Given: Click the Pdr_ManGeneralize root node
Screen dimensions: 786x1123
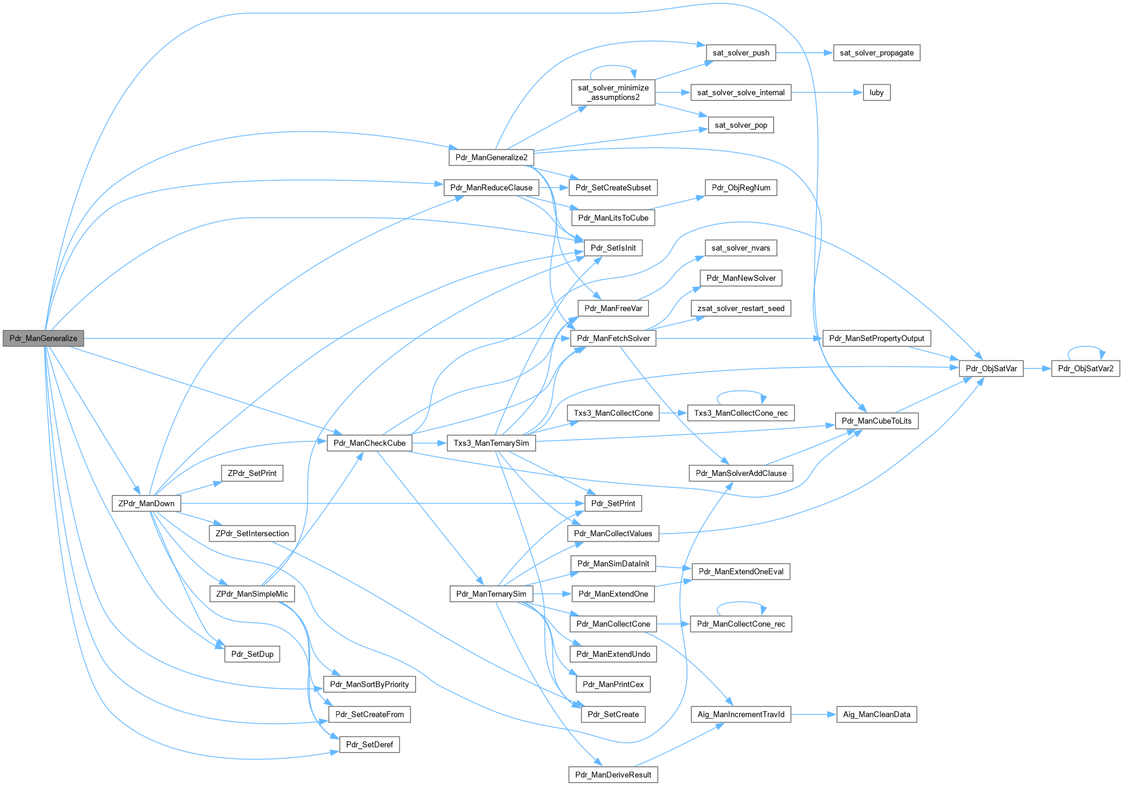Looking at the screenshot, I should point(43,338).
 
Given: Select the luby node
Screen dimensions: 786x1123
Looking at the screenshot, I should point(876,92).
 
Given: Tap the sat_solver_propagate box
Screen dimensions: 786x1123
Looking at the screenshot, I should point(876,53).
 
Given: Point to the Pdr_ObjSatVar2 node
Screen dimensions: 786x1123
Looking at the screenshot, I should point(1085,368).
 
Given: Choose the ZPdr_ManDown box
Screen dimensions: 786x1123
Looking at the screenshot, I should point(146,503).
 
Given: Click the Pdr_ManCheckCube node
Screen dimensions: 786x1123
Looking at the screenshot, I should point(369,443).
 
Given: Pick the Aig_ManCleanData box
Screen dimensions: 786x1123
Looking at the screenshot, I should point(876,714).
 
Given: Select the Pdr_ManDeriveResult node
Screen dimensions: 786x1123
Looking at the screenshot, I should point(613,775).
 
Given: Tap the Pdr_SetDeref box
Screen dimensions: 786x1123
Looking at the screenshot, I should point(369,744).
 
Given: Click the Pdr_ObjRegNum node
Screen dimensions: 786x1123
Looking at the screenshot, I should point(741,187).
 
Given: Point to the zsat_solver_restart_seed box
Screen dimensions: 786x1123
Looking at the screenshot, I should point(741,308).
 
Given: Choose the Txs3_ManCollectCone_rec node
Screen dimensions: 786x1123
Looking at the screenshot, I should point(741,413).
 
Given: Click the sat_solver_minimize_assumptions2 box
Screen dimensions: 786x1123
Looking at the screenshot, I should point(613,92).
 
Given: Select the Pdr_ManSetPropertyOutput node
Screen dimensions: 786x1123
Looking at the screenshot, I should point(876,338).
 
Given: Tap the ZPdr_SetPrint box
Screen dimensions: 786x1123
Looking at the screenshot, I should point(252,473).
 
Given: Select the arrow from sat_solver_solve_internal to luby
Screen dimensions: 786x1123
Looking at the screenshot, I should point(827,92).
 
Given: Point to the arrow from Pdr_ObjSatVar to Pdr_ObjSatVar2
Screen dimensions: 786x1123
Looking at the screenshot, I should point(1037,368).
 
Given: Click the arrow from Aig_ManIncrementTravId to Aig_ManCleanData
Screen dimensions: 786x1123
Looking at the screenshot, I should point(813,714).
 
